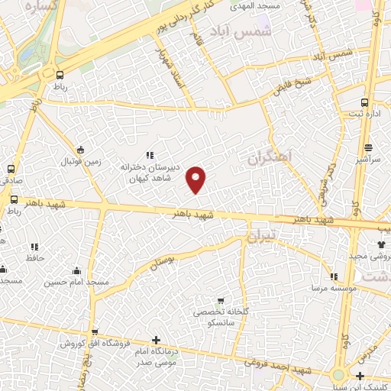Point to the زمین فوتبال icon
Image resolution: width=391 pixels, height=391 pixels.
(81, 150)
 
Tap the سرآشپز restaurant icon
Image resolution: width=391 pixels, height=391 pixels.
(369, 147)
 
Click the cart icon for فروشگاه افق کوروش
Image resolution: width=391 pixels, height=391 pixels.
(94, 332)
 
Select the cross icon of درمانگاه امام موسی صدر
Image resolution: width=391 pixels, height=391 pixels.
(157, 340)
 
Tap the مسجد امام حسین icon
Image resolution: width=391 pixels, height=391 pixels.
(76, 270)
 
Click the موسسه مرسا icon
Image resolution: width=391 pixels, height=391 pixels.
(333, 277)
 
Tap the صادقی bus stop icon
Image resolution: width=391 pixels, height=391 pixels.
(11, 168)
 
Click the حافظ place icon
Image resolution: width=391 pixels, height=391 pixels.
(34, 247)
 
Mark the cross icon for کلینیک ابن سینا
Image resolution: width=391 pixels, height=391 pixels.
(360, 375)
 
